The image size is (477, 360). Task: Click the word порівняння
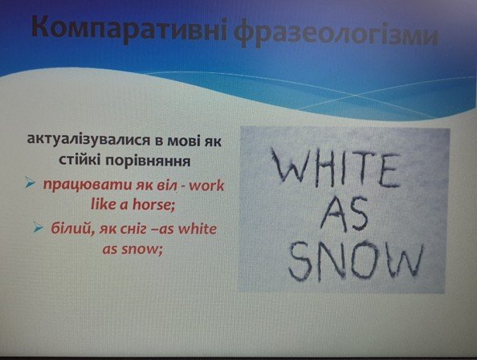coord(148,161)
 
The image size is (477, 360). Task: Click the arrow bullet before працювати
coord(31,182)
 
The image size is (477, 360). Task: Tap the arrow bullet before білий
coord(38,227)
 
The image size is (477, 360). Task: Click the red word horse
coord(153,204)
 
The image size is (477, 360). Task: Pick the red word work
coord(206,185)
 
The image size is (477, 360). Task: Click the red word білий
coord(71,229)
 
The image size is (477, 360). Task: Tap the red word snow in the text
coord(141,250)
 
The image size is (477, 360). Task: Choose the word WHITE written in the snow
coord(336,170)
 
